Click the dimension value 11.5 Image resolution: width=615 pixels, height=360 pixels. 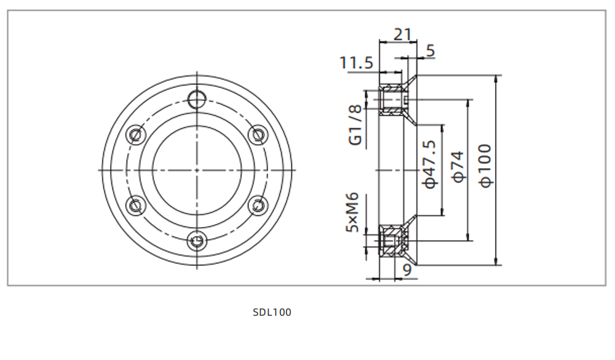coord(356,62)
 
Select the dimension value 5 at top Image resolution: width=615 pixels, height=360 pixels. coord(430,50)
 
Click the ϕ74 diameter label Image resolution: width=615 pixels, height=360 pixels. coord(458,167)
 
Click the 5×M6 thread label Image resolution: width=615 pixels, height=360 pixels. coord(352,212)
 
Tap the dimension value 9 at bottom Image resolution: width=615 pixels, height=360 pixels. coord(407,268)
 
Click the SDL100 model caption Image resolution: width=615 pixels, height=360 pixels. coord(272,312)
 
